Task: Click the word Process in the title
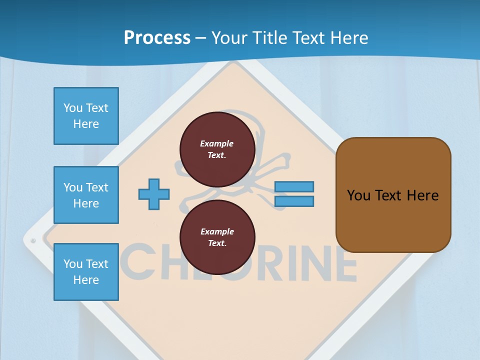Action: (157, 38)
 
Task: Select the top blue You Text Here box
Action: (86, 116)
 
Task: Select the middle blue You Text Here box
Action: (86, 195)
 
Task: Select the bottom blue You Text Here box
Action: (86, 271)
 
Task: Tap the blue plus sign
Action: (154, 194)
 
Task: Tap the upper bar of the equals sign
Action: (294, 187)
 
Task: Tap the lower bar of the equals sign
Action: (294, 201)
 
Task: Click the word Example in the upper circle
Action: (217, 143)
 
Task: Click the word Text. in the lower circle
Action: (217, 243)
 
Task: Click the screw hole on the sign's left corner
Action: (33, 241)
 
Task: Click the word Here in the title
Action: (348, 38)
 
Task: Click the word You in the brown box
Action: (358, 195)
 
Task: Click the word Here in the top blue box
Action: (86, 124)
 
